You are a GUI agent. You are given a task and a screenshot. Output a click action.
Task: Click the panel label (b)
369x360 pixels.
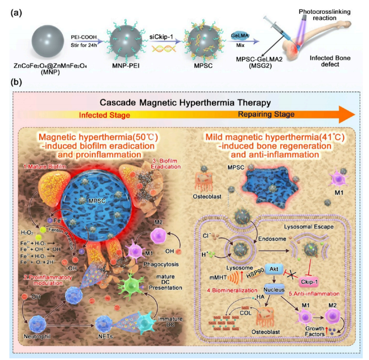(18, 83)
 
